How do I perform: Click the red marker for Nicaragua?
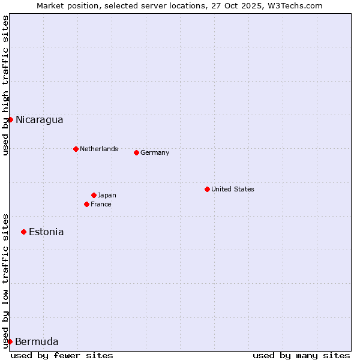(10, 119)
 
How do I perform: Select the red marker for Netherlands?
(76, 149)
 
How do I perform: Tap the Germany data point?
(136, 152)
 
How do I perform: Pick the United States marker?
(207, 189)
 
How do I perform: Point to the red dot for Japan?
(94, 195)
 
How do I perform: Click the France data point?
(86, 204)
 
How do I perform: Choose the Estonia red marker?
(23, 232)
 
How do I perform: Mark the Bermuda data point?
(10, 341)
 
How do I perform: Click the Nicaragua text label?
(40, 119)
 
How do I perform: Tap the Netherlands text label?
(99, 149)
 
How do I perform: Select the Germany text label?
(155, 152)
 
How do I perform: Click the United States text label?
(233, 189)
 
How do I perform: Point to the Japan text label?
(107, 195)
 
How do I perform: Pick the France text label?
(101, 204)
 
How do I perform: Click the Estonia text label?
(46, 232)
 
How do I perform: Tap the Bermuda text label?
(37, 341)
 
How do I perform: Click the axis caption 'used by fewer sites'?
(62, 355)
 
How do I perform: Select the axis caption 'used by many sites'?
(301, 355)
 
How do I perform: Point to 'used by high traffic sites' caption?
(5, 85)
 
